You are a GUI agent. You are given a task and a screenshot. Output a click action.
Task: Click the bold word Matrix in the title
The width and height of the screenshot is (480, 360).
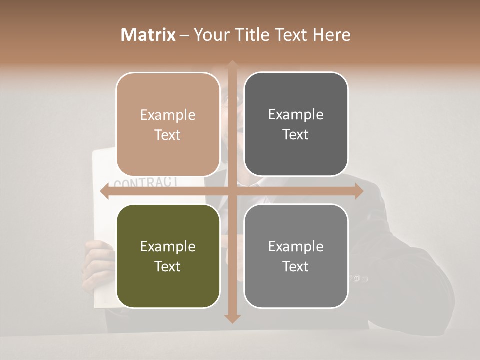pyautogui.click(x=148, y=35)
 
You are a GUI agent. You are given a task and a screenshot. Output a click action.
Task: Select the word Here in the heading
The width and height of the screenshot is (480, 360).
pyautogui.click(x=331, y=35)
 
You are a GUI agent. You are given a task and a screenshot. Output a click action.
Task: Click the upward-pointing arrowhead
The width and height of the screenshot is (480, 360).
pyautogui.click(x=232, y=65)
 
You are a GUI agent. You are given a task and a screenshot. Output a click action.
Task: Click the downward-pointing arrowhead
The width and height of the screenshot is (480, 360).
pyautogui.click(x=232, y=318)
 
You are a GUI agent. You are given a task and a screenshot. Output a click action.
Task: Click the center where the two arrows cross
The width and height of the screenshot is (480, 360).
pyautogui.click(x=232, y=191)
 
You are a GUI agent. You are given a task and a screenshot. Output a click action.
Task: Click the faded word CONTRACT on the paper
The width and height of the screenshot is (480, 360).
pyautogui.click(x=145, y=181)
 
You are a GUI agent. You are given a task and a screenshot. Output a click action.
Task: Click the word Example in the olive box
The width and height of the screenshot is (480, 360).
pyautogui.click(x=168, y=246)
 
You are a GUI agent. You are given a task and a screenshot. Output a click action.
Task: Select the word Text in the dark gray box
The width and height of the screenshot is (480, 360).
pyautogui.click(x=296, y=134)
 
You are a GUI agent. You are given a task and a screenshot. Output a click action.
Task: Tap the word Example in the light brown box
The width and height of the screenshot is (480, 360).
pyautogui.click(x=168, y=115)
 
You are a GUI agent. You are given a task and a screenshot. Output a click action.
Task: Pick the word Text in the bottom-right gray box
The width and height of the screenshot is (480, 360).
pyautogui.click(x=296, y=266)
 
